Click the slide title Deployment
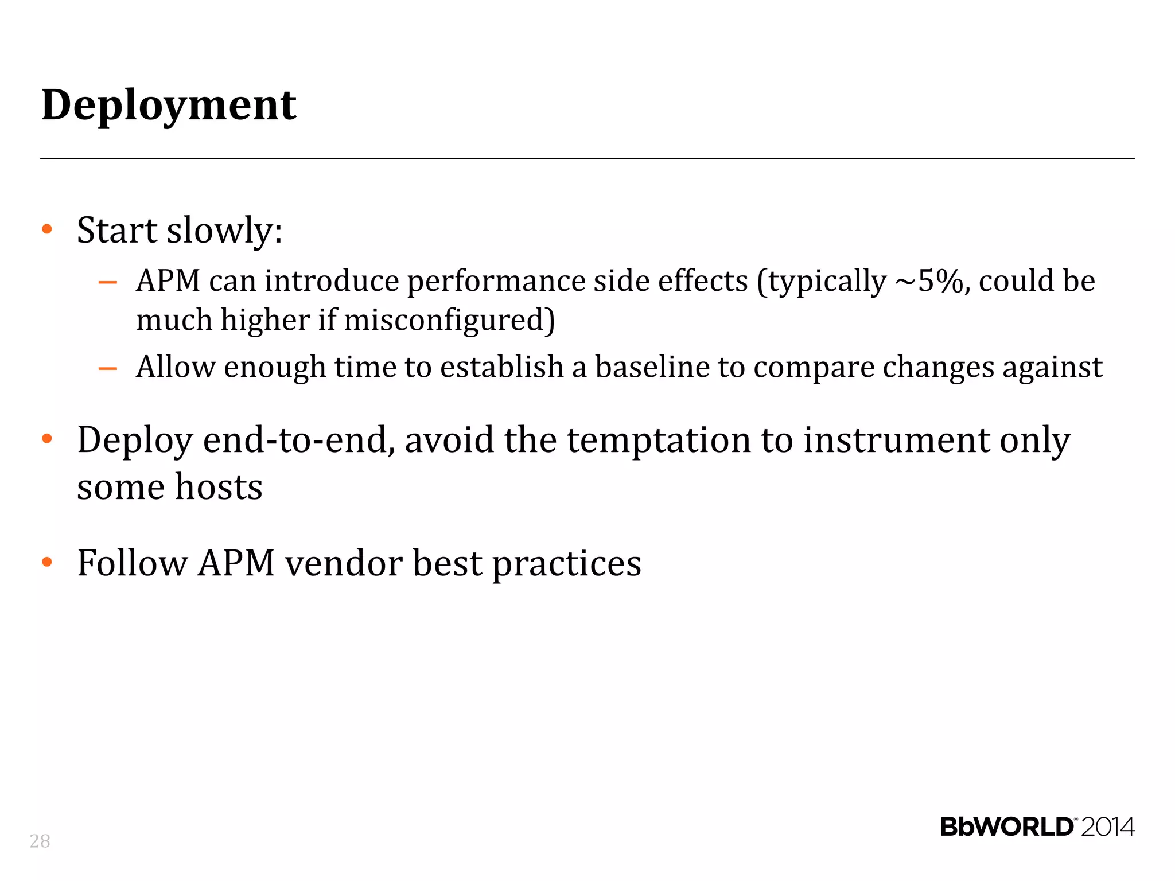169,106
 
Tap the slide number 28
40,841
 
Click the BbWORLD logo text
1006,827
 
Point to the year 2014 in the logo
1107,827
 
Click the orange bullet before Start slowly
47,229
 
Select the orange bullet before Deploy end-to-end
47,439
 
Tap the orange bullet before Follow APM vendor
47,562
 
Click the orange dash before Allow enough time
108,368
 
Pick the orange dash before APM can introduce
108,282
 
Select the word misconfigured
449,320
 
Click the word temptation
659,440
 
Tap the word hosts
219,488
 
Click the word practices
567,564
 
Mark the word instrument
896,440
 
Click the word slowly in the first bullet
224,231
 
